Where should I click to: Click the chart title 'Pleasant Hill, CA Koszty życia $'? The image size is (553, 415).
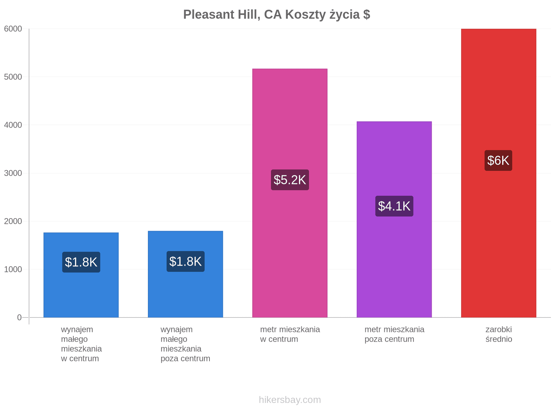point(276,15)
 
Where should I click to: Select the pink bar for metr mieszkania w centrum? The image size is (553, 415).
point(290,193)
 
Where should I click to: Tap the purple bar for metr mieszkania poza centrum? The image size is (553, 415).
point(394,220)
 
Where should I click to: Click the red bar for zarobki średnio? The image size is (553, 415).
point(498,173)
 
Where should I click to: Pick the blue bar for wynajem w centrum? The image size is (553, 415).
point(81,275)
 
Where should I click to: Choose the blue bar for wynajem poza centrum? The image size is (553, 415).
point(185,274)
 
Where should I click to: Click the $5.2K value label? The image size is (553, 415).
point(290,180)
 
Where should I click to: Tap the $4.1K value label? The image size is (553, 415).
point(394,206)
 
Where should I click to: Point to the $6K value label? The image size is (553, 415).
point(498,160)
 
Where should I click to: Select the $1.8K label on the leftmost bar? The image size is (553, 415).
point(81,262)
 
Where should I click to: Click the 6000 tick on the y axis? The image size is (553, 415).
point(13,29)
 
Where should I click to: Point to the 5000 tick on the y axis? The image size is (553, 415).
point(13,77)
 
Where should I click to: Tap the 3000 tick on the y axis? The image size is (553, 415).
point(13,173)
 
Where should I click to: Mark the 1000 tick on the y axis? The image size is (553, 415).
point(13,269)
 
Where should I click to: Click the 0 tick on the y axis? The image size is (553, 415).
point(19,317)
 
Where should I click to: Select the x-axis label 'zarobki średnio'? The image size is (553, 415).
point(499,334)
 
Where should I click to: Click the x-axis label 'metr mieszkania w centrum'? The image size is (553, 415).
point(290,334)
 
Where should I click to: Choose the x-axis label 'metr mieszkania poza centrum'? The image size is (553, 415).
point(394,334)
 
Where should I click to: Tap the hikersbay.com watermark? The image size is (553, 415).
point(290,400)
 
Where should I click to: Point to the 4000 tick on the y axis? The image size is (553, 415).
point(13,125)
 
